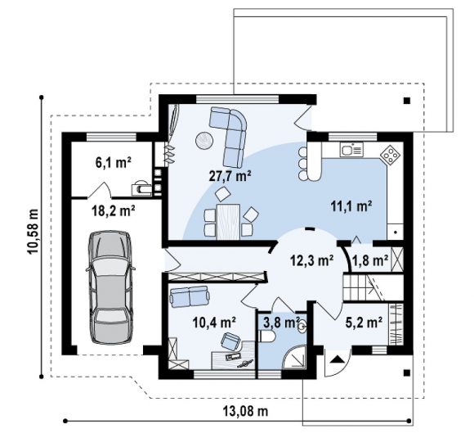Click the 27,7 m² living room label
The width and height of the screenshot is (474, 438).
click(x=230, y=176)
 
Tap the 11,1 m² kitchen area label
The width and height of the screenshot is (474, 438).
click(x=351, y=206)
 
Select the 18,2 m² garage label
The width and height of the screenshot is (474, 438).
click(x=114, y=210)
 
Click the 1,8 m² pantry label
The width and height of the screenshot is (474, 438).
click(x=370, y=260)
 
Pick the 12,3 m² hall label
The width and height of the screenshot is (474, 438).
click(x=312, y=260)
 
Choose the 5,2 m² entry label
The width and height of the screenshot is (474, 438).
click(x=364, y=323)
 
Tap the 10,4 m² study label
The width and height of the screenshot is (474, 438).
click(x=214, y=323)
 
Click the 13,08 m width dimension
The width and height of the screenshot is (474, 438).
click(x=245, y=411)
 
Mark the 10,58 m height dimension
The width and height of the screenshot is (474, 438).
click(x=34, y=232)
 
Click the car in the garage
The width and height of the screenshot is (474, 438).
click(x=110, y=287)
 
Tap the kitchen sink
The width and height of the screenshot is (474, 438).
click(x=351, y=150)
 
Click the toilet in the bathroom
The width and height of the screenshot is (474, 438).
click(x=267, y=336)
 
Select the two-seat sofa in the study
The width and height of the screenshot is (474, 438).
click(x=190, y=296)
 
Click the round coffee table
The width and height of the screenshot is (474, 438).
click(x=204, y=141)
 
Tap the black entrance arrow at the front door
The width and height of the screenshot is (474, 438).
click(x=338, y=359)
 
